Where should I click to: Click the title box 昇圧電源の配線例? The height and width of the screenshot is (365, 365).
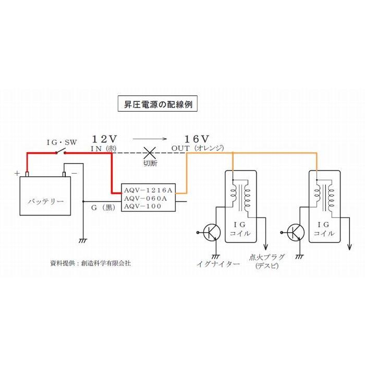(158, 104)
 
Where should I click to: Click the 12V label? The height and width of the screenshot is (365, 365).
(105, 139)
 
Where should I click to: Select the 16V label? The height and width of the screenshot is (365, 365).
(197, 139)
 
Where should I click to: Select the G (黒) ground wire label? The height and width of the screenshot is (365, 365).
(101, 208)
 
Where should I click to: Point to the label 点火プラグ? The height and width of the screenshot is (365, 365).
(267, 257)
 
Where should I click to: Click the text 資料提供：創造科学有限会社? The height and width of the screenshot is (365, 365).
(90, 263)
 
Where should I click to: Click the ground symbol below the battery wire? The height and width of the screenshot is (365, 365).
(82, 240)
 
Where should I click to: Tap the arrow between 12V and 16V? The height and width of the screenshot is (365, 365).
(150, 139)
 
